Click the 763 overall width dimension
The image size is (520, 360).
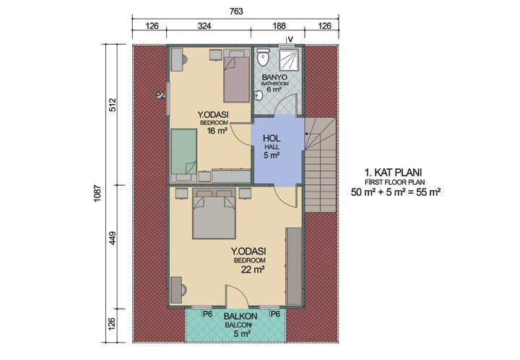coord(235,10)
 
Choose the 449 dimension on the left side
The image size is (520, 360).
coord(113,245)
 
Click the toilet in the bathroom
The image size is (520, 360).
coord(264,56)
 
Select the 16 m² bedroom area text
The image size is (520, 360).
coord(217,132)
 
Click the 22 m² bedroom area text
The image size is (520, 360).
coord(249,269)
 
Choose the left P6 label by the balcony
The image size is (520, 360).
coord(207,314)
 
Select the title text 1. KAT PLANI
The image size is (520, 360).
coord(393,172)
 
